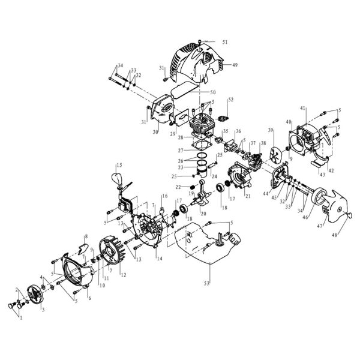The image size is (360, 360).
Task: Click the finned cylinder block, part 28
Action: [x=204, y=128]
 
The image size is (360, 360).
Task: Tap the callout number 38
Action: [x=262, y=143]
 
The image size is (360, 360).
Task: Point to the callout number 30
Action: [x=155, y=132]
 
